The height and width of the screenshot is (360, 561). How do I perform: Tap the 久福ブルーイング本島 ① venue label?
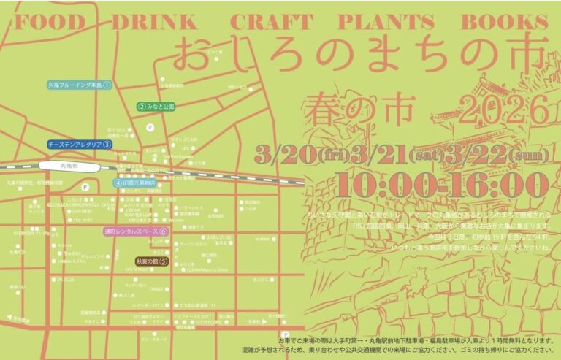click(x=79, y=85)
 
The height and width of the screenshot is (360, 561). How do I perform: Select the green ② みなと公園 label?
click(x=156, y=106)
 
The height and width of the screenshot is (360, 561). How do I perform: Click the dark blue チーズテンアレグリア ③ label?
click(x=79, y=145)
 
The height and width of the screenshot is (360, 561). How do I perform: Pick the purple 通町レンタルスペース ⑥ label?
click(x=135, y=231)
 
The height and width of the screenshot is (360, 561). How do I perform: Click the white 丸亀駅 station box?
click(x=69, y=166)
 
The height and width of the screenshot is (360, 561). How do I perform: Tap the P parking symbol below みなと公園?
click(x=150, y=126)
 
